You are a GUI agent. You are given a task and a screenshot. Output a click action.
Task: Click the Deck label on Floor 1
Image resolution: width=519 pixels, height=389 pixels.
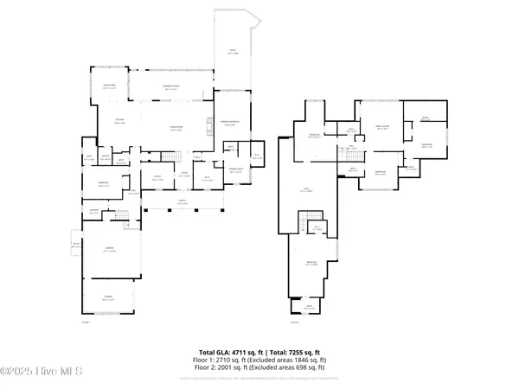click(233, 51)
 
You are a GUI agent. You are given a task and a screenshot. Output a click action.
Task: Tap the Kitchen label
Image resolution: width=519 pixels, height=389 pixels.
click(119, 121)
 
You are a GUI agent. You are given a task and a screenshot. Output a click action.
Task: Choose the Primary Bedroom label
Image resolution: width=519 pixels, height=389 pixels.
click(233, 124)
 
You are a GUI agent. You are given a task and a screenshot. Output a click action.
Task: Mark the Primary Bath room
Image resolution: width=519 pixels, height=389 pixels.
click(235, 169)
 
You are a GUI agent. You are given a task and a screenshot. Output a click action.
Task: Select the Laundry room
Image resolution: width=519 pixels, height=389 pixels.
click(94, 211)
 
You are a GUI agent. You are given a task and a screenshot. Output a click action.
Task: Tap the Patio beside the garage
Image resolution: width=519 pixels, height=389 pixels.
click(75, 246)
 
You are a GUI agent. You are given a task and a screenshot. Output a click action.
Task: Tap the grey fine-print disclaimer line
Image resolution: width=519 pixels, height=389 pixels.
click(259, 378)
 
